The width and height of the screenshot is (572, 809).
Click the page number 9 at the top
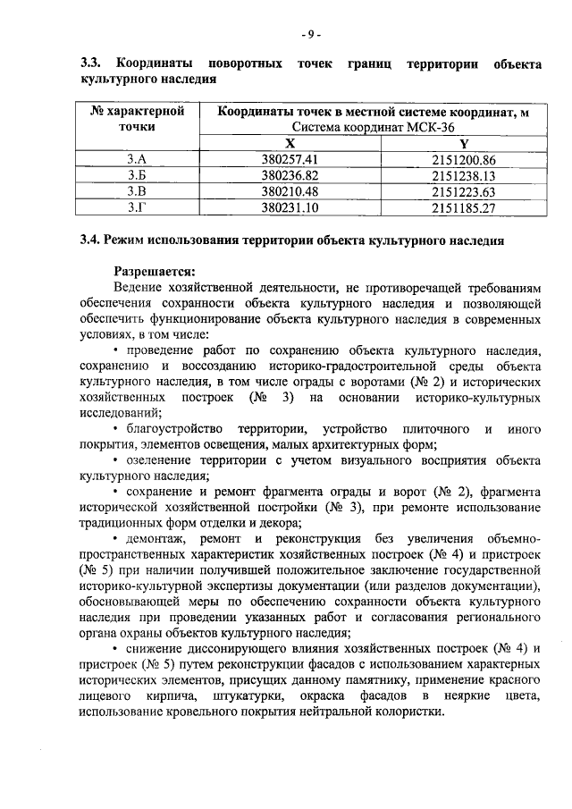point(310,36)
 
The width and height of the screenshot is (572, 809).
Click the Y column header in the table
point(464,144)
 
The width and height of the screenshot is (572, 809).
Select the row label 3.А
point(137,160)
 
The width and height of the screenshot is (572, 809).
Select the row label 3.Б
point(137,176)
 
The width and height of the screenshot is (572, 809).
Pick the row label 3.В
point(137,191)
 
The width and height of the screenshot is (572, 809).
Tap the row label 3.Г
point(137,207)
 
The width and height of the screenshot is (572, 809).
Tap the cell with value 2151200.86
point(463,160)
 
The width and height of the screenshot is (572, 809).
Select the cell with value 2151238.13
point(463,176)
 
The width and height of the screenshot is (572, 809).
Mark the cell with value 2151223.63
point(463,191)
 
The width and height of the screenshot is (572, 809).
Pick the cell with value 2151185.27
point(463,207)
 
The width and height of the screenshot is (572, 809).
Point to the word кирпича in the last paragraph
point(165,695)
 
